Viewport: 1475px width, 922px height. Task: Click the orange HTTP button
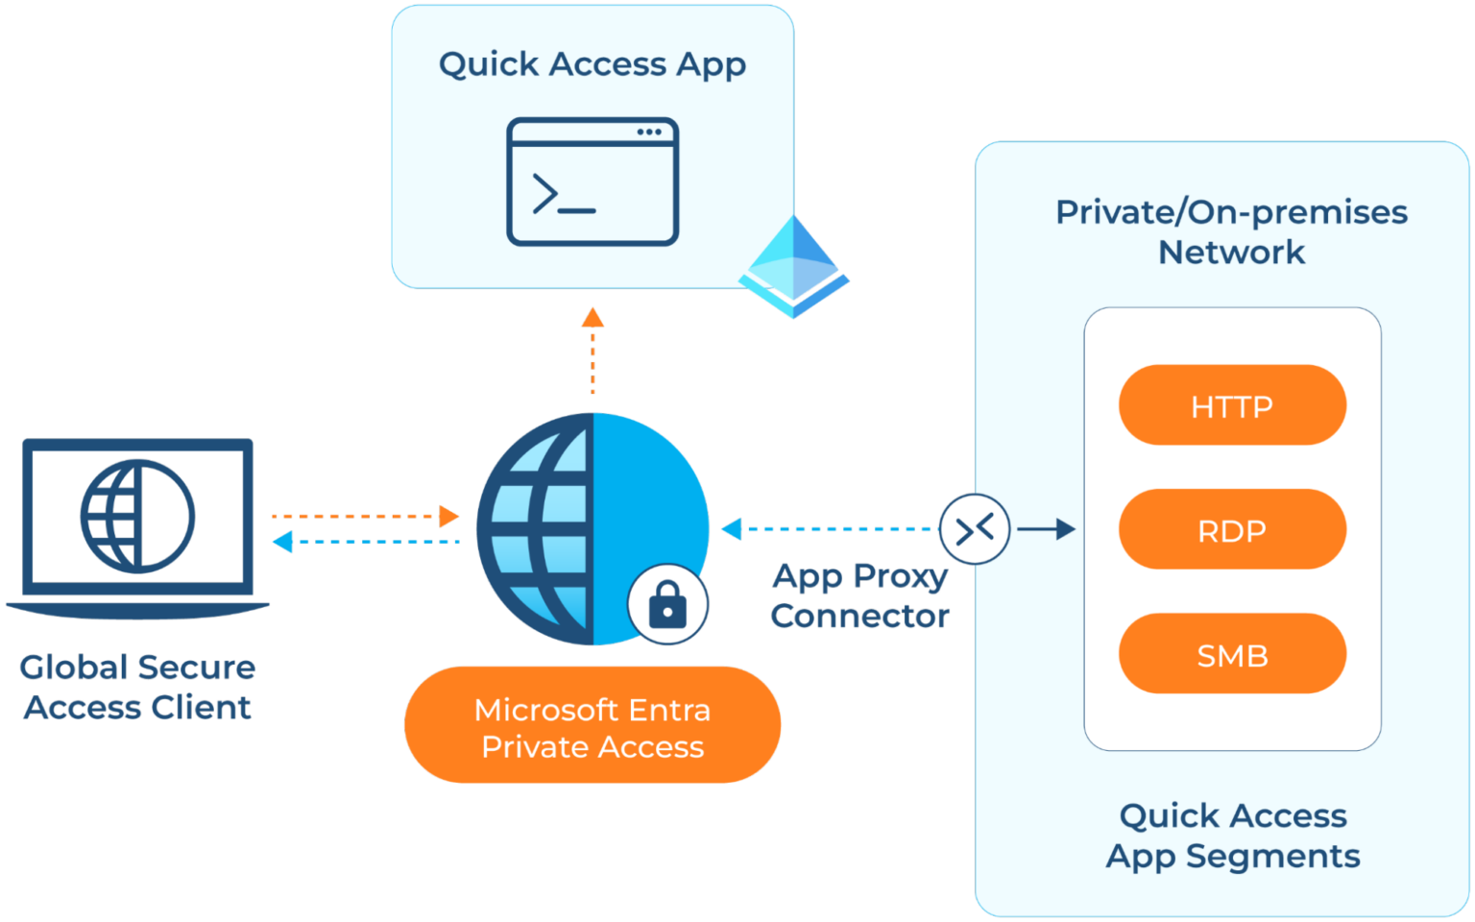(1232, 405)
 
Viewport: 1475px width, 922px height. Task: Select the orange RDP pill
(1232, 530)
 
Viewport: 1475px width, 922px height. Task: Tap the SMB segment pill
(1232, 655)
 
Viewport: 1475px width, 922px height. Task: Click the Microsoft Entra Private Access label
(592, 727)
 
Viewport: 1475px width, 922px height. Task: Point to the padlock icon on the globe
(667, 606)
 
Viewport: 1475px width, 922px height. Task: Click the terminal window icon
(592, 182)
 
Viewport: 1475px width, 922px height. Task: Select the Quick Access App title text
(592, 64)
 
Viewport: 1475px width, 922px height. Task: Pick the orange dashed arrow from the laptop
(365, 517)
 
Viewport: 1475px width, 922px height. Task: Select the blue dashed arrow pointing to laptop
(365, 543)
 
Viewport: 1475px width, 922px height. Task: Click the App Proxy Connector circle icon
(975, 528)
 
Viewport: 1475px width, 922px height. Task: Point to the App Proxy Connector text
(859, 595)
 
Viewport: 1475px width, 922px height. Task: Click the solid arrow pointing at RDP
(1046, 528)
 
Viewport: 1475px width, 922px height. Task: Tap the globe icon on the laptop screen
(137, 516)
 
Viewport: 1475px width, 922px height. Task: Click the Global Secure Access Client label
(137, 687)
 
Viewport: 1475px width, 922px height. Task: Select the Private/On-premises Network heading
(1231, 231)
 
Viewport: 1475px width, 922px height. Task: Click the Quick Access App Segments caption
(1233, 836)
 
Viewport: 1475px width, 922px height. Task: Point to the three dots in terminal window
(649, 132)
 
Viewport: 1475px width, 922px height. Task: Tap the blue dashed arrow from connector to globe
(831, 528)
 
